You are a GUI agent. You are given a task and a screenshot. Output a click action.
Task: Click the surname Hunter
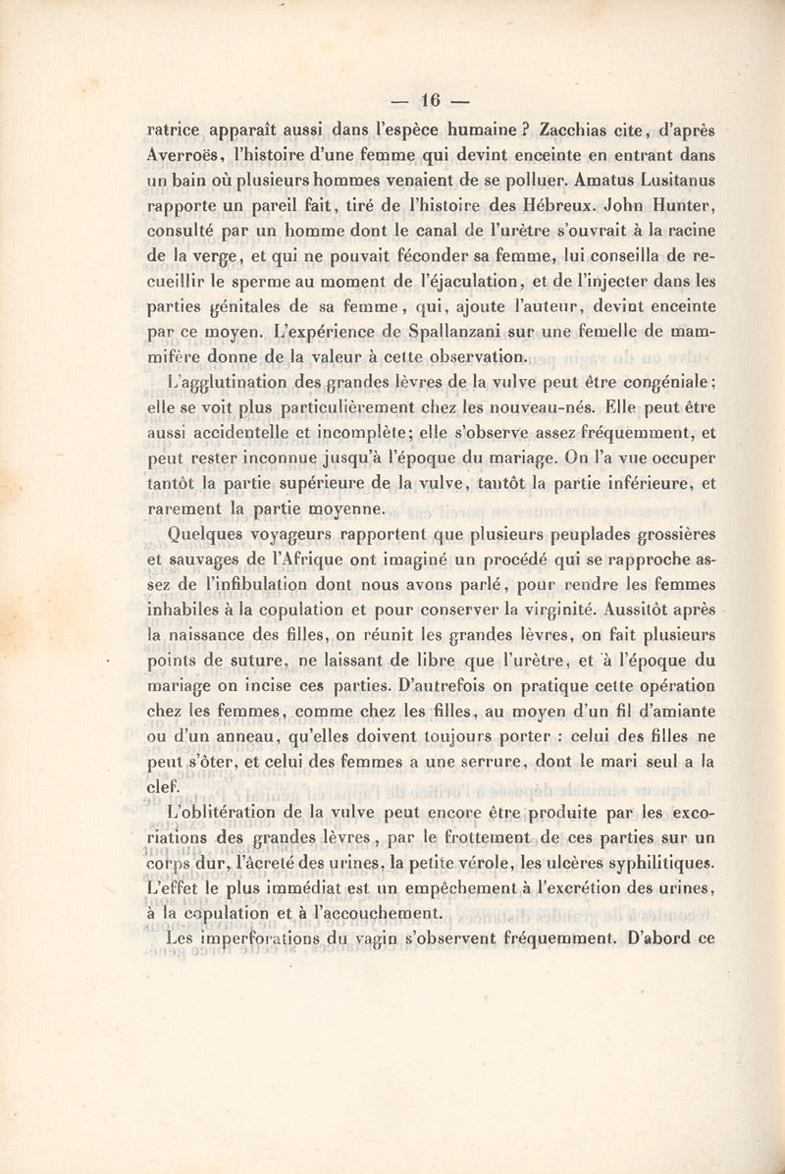pyautogui.click(x=684, y=206)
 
